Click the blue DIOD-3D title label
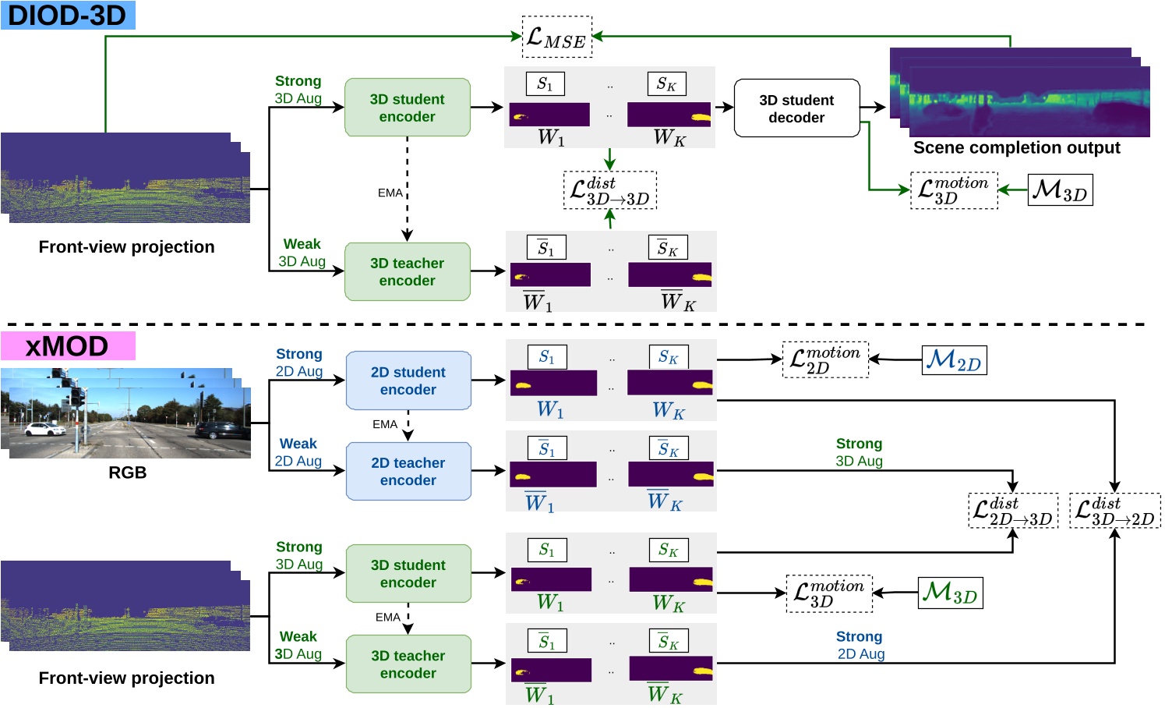click(x=68, y=15)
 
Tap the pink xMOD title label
click(x=68, y=346)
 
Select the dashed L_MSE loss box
click(x=556, y=37)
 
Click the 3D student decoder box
click(x=796, y=108)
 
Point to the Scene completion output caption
click(x=1016, y=148)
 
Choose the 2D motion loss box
click(x=824, y=359)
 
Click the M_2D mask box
click(x=954, y=360)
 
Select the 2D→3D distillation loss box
click(x=1012, y=511)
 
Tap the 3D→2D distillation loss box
click(x=1114, y=511)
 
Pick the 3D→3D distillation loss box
click(x=610, y=190)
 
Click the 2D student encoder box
click(x=408, y=381)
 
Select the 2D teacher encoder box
click(x=408, y=471)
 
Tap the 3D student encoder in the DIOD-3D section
click(x=408, y=108)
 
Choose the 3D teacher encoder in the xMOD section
click(x=408, y=664)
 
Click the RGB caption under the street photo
click(x=127, y=473)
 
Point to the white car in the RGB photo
click(x=45, y=428)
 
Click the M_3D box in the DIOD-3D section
click(x=1060, y=190)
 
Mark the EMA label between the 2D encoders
click(x=385, y=424)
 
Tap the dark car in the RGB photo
click(x=222, y=430)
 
